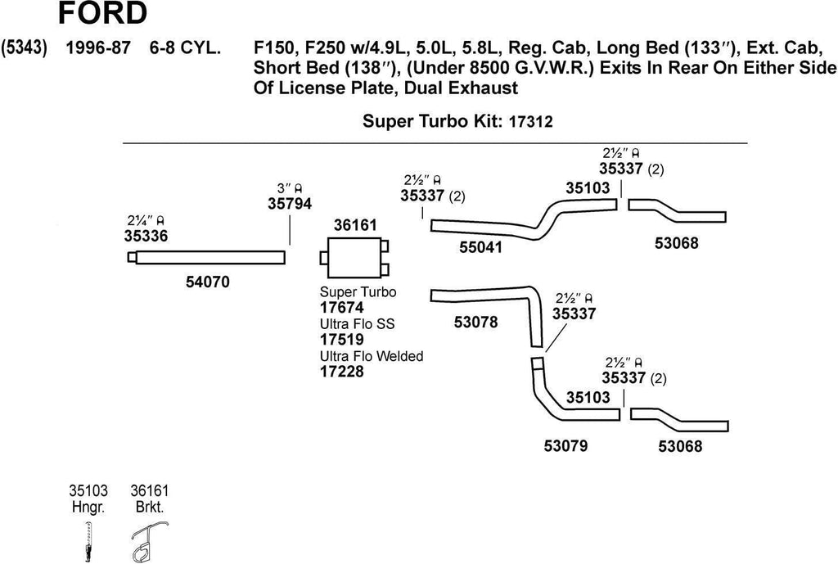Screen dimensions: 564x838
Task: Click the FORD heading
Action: (102, 14)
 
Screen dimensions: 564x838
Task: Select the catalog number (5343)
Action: (25, 47)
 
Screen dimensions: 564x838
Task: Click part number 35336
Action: (146, 236)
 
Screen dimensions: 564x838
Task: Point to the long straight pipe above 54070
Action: (209, 257)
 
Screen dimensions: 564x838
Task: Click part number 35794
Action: (290, 205)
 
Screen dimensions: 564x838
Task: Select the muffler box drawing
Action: (354, 258)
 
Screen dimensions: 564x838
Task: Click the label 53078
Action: (475, 323)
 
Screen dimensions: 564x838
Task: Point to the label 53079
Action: (565, 446)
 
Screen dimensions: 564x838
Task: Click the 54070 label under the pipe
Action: (208, 282)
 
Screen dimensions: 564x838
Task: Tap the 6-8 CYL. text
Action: (184, 47)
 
